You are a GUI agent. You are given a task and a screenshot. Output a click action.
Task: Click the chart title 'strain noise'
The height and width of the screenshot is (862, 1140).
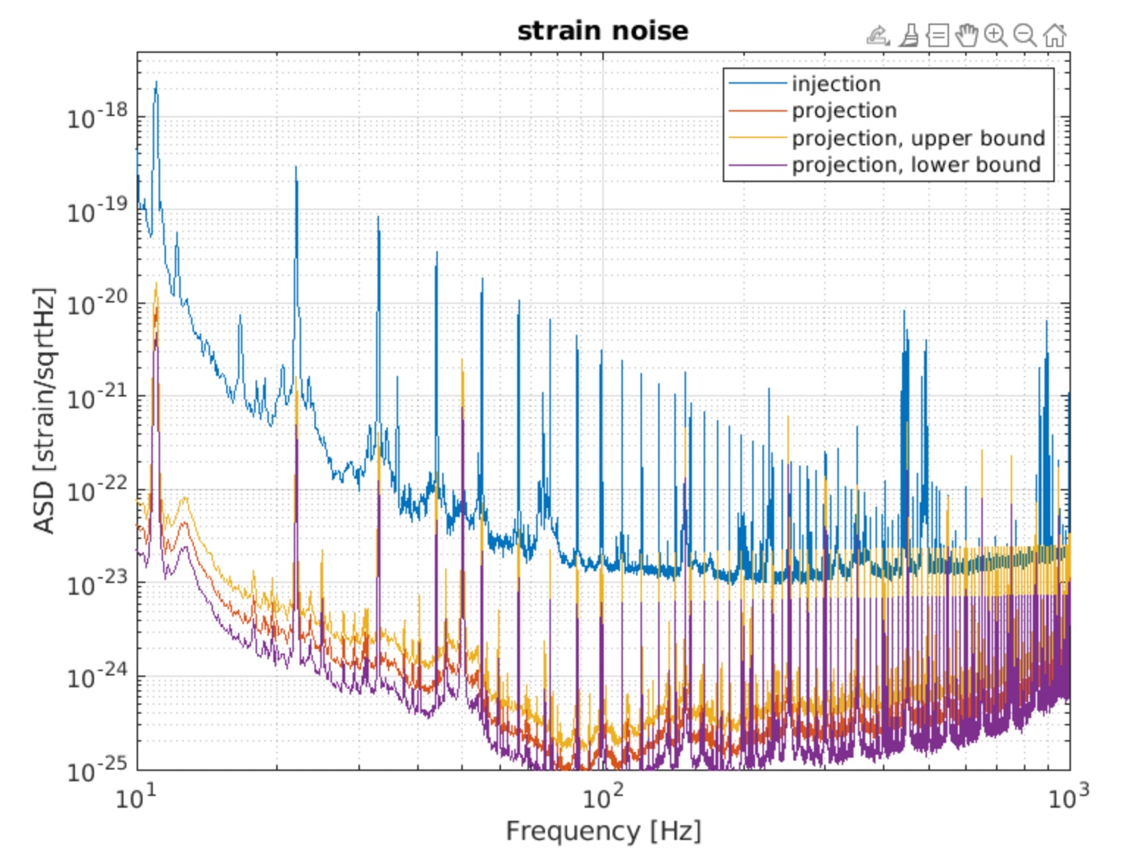602,31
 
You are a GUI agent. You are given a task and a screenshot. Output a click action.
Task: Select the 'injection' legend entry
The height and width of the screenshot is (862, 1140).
836,84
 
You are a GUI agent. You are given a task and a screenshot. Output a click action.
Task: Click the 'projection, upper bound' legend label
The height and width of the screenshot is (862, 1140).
917,138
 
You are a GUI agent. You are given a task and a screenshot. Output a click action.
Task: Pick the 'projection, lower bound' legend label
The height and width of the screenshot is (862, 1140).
916,164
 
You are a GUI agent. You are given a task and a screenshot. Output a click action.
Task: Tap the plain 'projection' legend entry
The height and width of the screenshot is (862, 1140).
844,110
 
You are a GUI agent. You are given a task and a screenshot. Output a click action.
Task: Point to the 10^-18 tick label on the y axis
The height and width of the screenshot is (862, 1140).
97,116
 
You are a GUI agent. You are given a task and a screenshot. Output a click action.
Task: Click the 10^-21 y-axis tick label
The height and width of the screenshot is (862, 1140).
97,397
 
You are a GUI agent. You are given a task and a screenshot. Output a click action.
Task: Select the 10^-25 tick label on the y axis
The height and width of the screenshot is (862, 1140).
97,770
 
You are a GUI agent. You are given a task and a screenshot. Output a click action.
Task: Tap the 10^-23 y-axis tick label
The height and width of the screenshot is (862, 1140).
97,584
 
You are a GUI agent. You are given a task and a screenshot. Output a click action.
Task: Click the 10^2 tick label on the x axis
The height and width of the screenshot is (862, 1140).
603,796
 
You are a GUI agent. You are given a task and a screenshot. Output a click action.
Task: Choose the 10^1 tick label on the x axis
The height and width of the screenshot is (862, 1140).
137,796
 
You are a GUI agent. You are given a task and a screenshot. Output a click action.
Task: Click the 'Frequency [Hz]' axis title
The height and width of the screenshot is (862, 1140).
603,831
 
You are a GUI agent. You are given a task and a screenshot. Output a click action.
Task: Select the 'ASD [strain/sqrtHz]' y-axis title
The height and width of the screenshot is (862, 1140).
44,411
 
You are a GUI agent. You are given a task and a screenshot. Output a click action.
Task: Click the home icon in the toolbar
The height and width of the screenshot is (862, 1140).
1055,35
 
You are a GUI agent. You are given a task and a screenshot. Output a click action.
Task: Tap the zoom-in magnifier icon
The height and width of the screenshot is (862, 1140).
995,35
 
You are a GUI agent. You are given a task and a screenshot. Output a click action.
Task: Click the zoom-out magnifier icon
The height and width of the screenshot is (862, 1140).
1025,35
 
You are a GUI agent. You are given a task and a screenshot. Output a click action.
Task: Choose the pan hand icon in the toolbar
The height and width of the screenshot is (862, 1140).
967,35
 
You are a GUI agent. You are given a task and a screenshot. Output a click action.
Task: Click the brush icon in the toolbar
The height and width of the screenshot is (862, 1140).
909,35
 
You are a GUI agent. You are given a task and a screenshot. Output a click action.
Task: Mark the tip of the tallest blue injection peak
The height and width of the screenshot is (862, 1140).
156,82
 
